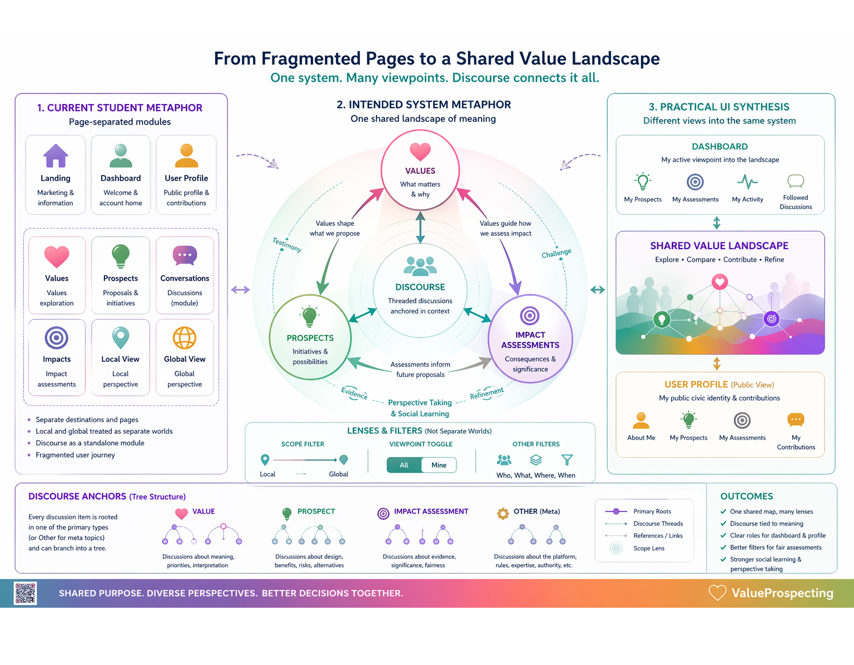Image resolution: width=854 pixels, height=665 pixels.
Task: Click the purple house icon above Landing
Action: pyautogui.click(x=56, y=156)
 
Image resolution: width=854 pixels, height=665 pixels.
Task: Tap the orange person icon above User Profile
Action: pyautogui.click(x=186, y=156)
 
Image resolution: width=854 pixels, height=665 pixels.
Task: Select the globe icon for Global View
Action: pyautogui.click(x=185, y=338)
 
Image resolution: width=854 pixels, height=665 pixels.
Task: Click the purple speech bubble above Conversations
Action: pyautogui.click(x=185, y=255)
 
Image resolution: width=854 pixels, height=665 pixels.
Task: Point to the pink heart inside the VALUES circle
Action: pyautogui.click(x=420, y=151)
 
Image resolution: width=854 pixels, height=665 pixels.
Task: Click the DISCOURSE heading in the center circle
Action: pyautogui.click(x=420, y=287)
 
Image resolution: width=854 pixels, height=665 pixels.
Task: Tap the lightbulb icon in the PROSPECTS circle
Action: pyautogui.click(x=310, y=317)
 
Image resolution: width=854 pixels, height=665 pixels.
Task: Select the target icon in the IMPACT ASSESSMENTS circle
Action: pyautogui.click(x=530, y=316)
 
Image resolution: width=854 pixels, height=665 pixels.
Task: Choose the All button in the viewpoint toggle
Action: pyautogui.click(x=404, y=465)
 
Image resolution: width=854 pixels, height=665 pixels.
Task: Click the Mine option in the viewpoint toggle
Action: pyautogui.click(x=439, y=465)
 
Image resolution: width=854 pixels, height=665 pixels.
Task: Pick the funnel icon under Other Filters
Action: pyautogui.click(x=567, y=459)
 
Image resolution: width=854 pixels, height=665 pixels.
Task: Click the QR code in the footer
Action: pyautogui.click(x=26, y=593)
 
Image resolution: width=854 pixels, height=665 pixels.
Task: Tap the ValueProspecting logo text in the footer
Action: pyautogui.click(x=782, y=593)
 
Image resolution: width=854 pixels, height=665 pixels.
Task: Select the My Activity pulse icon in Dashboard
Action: pyautogui.click(x=747, y=182)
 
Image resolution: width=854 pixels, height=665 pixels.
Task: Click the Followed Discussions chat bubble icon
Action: pyautogui.click(x=796, y=181)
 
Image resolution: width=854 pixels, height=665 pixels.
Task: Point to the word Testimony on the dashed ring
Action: pyautogui.click(x=287, y=245)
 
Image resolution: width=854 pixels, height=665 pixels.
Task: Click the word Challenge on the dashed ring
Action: pyautogui.click(x=557, y=254)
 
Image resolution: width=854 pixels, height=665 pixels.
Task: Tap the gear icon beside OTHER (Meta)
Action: pyautogui.click(x=503, y=513)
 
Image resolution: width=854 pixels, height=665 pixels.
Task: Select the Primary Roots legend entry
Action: pyautogui.click(x=652, y=511)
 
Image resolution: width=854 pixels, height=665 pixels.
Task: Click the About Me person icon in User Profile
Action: pyautogui.click(x=641, y=420)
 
